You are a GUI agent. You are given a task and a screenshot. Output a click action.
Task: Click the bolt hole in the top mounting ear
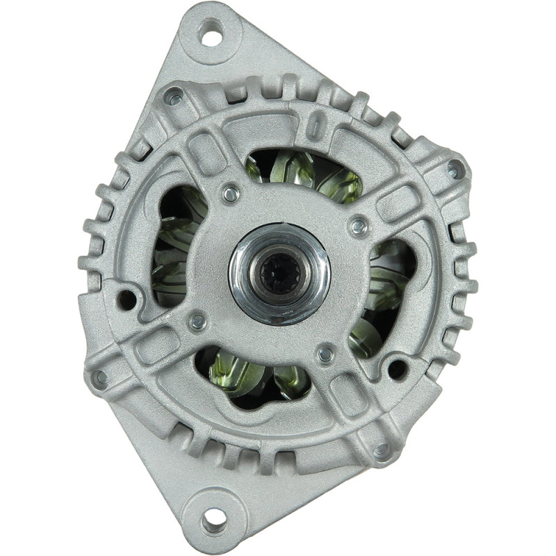(211, 32)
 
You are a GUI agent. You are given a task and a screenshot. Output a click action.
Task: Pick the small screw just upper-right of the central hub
(359, 226)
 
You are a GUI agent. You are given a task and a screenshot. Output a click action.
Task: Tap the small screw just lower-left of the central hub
(198, 321)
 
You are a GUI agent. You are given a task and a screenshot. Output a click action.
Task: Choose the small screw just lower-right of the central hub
(325, 354)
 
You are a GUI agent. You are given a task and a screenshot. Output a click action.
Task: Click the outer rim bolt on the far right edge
(453, 169)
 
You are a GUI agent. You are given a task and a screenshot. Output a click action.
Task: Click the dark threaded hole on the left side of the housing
(127, 300)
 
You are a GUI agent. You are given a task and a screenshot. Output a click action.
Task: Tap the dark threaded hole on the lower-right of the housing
(397, 368)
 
